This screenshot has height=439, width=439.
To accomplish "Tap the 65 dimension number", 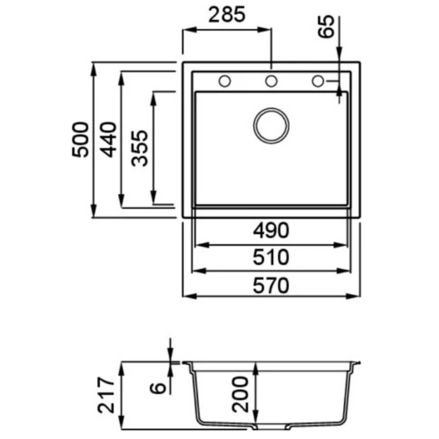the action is click(326, 27).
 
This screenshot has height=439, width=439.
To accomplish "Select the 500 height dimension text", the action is click(80, 140).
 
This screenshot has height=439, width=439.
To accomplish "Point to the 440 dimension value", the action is click(109, 140).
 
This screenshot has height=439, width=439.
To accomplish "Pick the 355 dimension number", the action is click(140, 148).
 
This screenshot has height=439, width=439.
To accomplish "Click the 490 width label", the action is click(271, 230).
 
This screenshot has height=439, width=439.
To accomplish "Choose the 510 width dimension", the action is click(271, 258).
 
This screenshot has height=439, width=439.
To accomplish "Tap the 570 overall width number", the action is click(271, 285).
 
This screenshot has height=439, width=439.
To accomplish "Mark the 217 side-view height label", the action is click(106, 395).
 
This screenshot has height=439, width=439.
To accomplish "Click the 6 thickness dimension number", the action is click(158, 388).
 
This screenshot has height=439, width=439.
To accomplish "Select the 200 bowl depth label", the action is click(240, 394).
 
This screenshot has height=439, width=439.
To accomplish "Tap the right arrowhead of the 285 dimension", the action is click(264, 29).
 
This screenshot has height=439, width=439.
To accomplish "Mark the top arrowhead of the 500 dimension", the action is click(94, 69).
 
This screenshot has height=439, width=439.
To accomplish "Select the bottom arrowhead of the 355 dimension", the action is click(154, 197).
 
